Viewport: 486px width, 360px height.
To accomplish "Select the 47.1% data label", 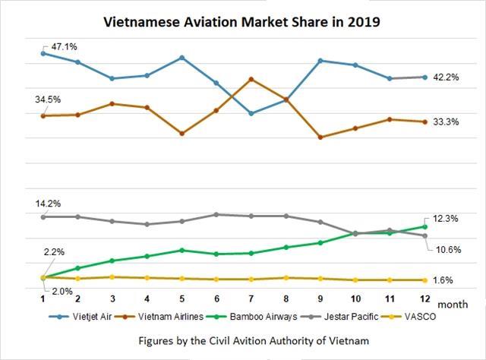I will pos(65,46).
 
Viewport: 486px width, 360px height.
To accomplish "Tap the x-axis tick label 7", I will pos(251,299).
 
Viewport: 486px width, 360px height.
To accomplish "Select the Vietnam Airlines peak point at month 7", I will pos(251,79).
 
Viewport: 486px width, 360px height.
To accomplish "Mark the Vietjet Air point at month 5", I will pos(181,58).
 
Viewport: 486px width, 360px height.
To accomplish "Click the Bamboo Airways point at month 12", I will pos(424,226).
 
